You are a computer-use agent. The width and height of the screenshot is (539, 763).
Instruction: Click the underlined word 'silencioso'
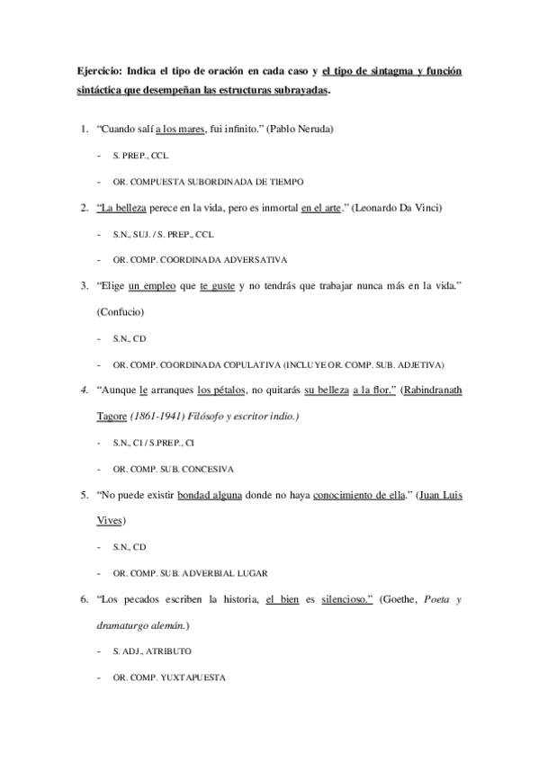pos(347,599)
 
